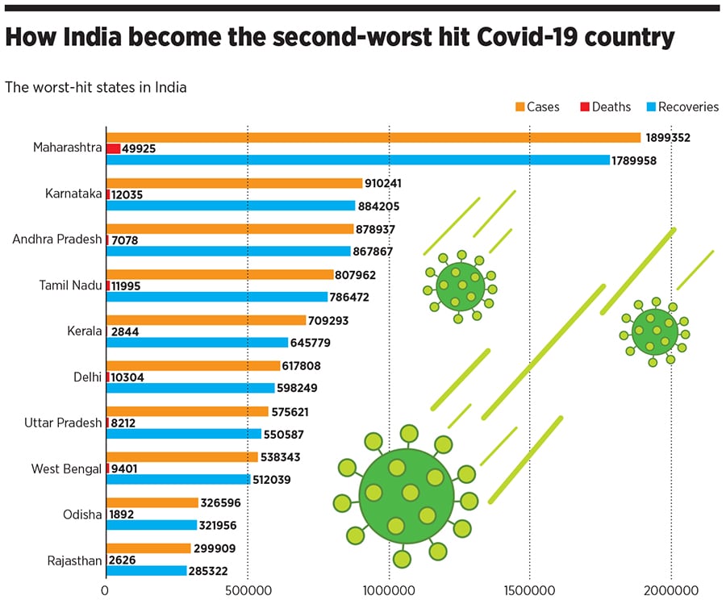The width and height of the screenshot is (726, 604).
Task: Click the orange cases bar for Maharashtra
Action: click(373, 138)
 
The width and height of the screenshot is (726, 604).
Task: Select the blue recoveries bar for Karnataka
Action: click(231, 206)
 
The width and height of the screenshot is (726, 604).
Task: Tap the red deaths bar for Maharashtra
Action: click(114, 149)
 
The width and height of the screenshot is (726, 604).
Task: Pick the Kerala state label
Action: click(84, 331)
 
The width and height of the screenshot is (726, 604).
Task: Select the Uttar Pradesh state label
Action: click(57, 423)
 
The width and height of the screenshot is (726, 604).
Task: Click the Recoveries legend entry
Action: click(687, 106)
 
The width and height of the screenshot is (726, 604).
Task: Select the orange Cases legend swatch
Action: click(520, 106)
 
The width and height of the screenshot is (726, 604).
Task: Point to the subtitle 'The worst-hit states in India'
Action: click(96, 87)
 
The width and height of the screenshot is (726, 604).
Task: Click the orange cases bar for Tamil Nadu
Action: click(219, 274)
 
